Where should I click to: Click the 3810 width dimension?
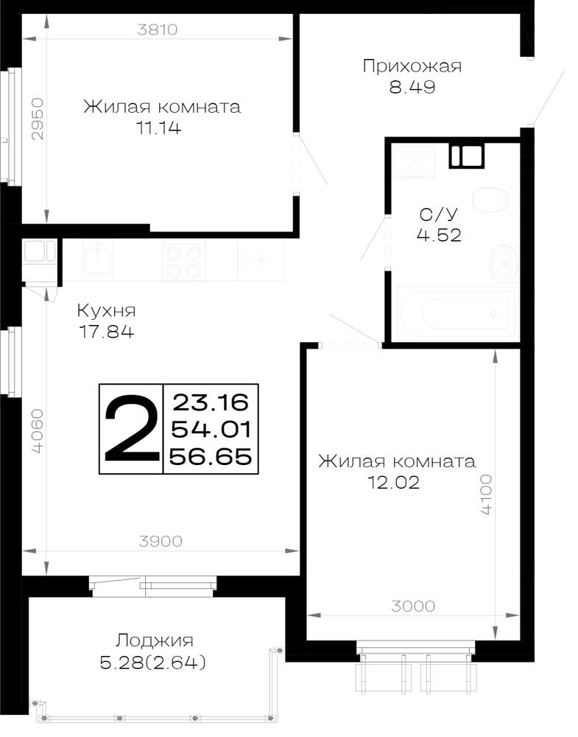tap(157, 29)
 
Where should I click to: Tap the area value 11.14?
tap(158, 128)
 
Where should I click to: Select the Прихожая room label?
tap(412, 66)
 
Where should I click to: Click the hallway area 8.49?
tap(412, 87)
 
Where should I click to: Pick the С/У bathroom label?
tap(438, 214)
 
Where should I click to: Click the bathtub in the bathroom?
tap(457, 313)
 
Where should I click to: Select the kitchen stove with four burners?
tap(184, 262)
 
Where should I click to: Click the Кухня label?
tap(106, 311)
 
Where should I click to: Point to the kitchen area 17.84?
tap(106, 332)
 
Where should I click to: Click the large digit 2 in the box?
tap(132, 428)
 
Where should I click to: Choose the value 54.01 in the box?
tap(211, 429)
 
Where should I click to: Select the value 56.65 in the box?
tap(211, 456)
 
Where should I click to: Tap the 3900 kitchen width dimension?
tap(161, 542)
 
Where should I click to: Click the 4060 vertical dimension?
tap(38, 431)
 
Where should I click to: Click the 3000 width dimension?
tap(413, 607)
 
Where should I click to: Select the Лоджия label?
tap(155, 641)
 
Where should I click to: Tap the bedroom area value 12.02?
tap(393, 483)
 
